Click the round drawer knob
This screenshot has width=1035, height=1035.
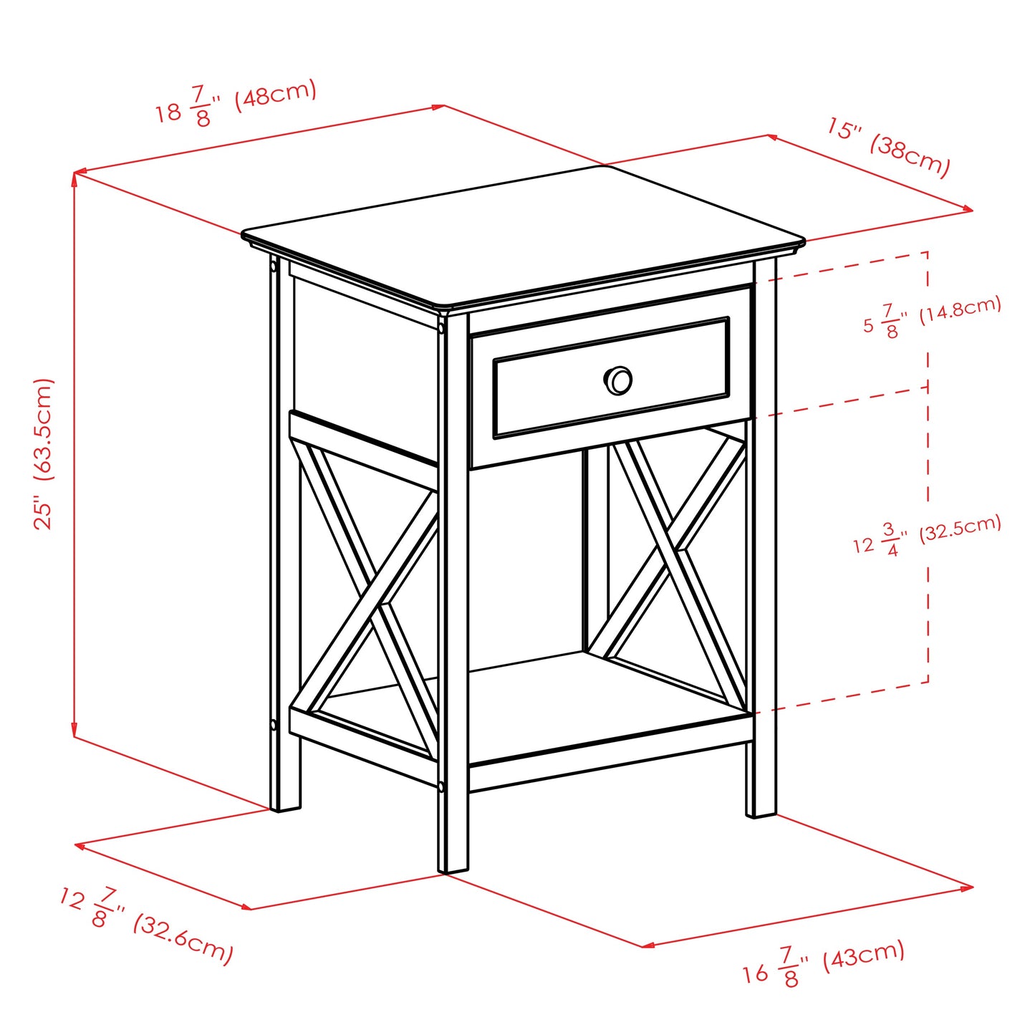[617, 380]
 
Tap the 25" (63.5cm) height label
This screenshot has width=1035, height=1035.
[44, 454]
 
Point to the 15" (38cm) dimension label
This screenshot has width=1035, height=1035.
[888, 147]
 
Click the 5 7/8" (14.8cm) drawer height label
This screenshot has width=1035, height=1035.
[931, 317]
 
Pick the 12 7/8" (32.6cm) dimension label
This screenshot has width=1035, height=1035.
[147, 925]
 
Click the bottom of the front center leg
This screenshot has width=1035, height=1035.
[453, 867]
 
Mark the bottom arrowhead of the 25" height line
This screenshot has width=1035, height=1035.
[74, 733]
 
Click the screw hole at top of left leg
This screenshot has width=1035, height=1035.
[274, 266]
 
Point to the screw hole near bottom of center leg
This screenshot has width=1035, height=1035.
[441, 786]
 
